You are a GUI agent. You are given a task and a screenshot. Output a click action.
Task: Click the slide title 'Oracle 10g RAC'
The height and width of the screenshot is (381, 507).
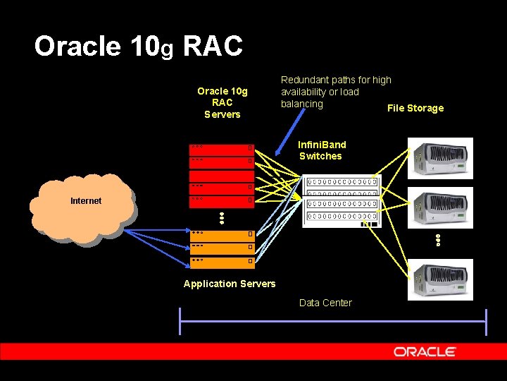pyautogui.click(x=139, y=47)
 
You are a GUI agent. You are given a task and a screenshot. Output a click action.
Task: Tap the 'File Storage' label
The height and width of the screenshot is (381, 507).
pyautogui.click(x=415, y=108)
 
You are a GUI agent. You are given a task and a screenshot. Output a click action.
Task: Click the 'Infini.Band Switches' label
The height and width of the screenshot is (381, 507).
pyautogui.click(x=321, y=150)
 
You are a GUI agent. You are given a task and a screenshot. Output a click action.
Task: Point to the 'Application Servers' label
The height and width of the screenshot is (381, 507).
pyautogui.click(x=230, y=284)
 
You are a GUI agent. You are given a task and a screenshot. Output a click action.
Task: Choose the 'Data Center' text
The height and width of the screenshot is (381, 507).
pyautogui.click(x=325, y=303)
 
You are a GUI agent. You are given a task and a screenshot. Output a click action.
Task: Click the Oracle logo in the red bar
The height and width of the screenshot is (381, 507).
pyautogui.click(x=425, y=351)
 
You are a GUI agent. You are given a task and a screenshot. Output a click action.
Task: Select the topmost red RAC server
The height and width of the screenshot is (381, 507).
pyautogui.click(x=221, y=148)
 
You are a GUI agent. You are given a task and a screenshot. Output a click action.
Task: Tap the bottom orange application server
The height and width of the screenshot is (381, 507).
pyautogui.click(x=221, y=262)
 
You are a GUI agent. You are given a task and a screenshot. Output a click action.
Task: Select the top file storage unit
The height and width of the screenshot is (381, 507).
pyautogui.click(x=441, y=158)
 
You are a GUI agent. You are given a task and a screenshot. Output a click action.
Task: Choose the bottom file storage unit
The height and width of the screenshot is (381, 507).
pyautogui.click(x=441, y=279)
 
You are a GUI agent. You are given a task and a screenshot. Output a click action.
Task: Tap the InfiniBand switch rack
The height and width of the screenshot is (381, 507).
pyautogui.click(x=342, y=201)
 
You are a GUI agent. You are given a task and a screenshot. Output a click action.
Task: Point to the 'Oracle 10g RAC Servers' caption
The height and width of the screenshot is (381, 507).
pyautogui.click(x=222, y=102)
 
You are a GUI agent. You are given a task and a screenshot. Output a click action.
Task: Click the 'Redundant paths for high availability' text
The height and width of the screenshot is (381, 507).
pyautogui.click(x=336, y=92)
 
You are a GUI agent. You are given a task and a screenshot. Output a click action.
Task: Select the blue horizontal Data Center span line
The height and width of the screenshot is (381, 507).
pyautogui.click(x=333, y=322)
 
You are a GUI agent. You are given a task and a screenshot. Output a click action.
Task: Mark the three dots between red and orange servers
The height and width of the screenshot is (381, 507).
pyautogui.click(x=220, y=219)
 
